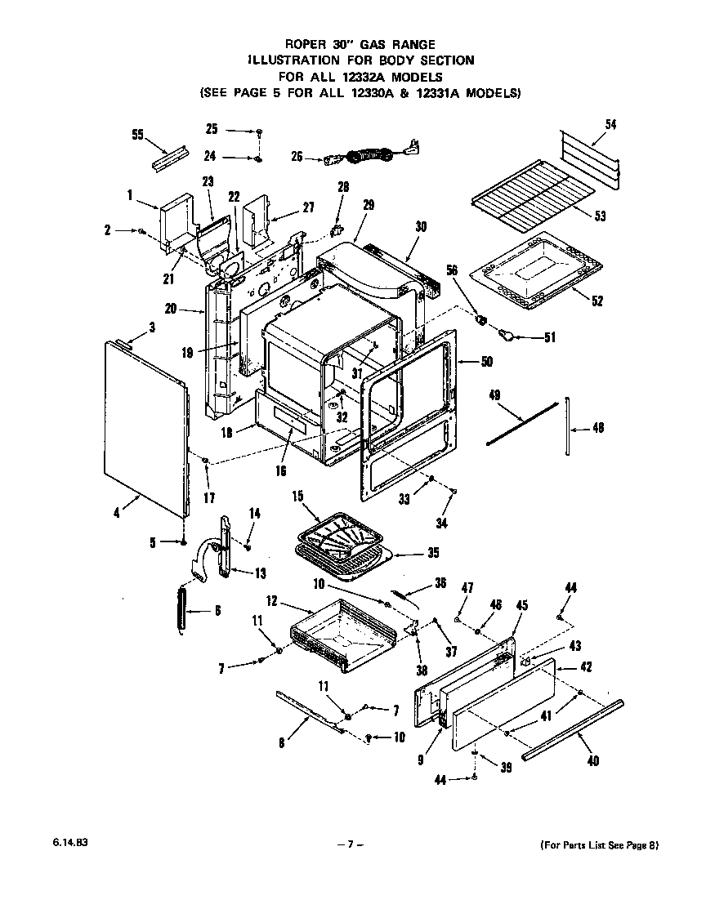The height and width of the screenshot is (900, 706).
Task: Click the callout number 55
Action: [137, 134]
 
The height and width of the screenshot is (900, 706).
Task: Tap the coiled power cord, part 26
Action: [372, 154]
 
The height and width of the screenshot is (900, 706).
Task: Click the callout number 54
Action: [610, 124]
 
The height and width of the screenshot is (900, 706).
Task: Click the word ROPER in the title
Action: [302, 45]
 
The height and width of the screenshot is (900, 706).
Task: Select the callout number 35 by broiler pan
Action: [432, 553]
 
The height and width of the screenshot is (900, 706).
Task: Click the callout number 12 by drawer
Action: [272, 601]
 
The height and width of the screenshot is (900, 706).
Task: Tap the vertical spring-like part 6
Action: [181, 608]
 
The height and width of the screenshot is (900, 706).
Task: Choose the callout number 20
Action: [171, 309]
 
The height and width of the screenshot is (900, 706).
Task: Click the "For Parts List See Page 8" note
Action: [599, 845]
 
